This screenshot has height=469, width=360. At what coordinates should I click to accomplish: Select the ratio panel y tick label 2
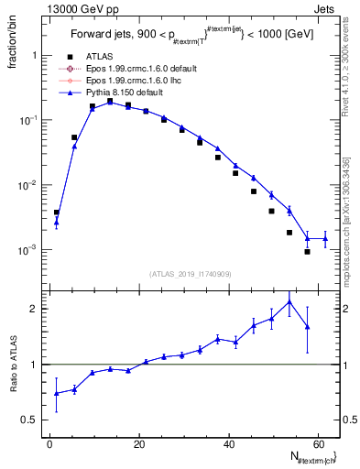pyautogui.click(x=35, y=309)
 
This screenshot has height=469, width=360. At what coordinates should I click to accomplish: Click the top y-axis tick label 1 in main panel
pyautogui.click(x=35, y=55)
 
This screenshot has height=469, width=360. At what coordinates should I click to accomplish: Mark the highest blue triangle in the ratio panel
pyautogui.click(x=289, y=301)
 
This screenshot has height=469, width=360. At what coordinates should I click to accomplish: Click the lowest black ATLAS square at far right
pyautogui.click(x=307, y=251)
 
